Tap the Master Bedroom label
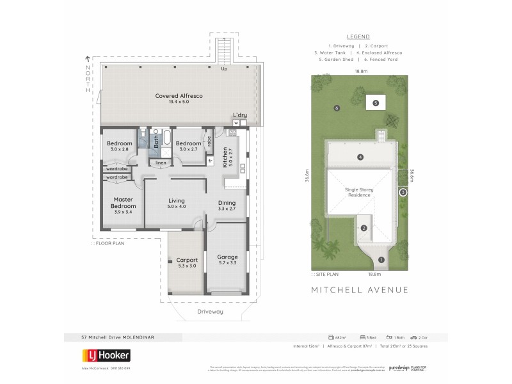tap(123, 203)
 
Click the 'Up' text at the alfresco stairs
tap(224, 68)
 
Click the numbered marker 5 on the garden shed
tap(376, 102)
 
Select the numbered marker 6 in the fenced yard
tap(337, 108)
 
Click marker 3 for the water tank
tap(403, 192)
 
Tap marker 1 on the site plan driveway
tap(381, 259)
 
